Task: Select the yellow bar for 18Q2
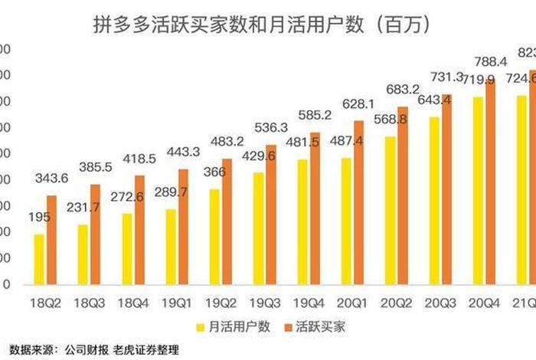[39, 259]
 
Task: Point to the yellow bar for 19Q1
[171, 247]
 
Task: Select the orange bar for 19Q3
[270, 214]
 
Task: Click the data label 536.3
[272, 127]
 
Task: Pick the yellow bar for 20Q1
[346, 221]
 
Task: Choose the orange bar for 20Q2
[403, 195]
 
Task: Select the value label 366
[214, 172]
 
